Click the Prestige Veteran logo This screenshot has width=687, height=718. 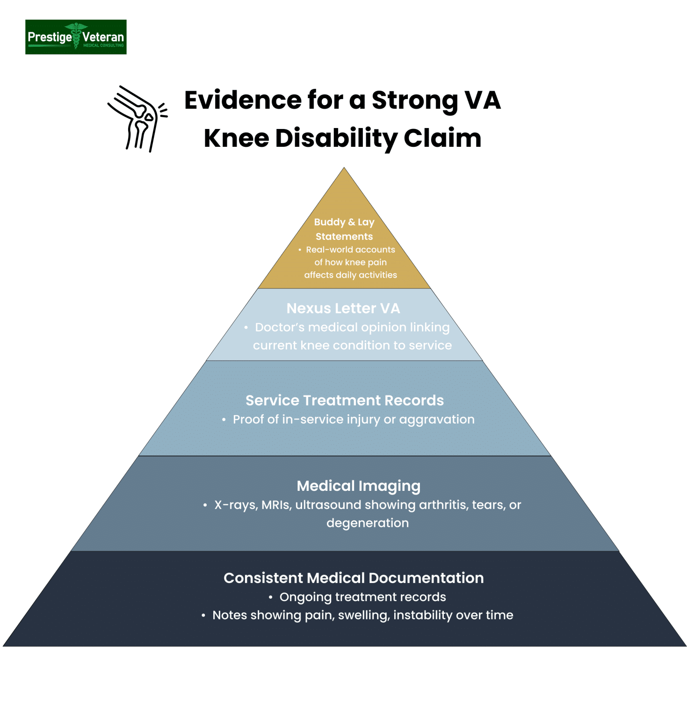(76, 37)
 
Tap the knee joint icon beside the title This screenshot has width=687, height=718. (137, 119)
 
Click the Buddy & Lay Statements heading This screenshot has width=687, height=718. (344, 229)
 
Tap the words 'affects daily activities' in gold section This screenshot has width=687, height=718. (350, 275)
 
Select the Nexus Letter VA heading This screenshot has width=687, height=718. (343, 309)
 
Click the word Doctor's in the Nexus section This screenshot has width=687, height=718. (279, 327)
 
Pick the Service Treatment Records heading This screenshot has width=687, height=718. (345, 401)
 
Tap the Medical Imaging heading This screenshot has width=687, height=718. (359, 486)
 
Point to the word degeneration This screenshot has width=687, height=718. (368, 523)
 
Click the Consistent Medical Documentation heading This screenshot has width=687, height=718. (354, 578)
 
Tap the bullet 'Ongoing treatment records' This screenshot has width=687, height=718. (362, 597)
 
